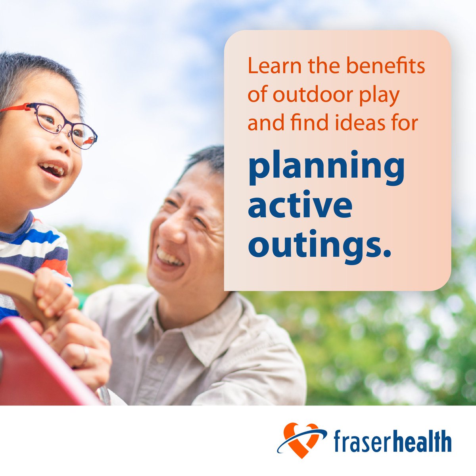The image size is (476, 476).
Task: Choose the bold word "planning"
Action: (x=326, y=168)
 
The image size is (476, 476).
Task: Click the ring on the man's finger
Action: (x=86, y=355)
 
